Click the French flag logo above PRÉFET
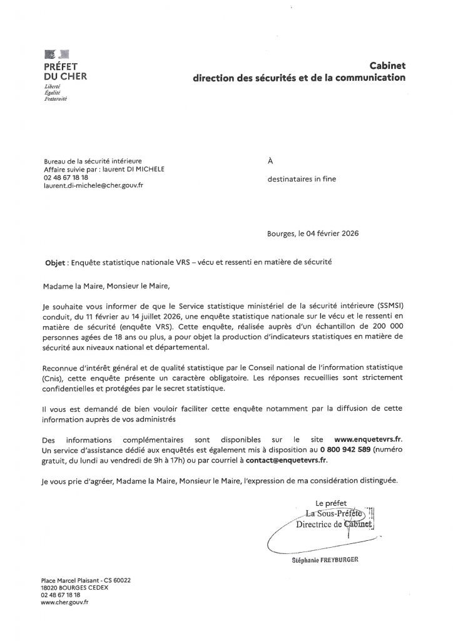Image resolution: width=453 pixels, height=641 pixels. coord(58,55)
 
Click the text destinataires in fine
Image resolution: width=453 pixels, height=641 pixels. coord(301,179)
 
